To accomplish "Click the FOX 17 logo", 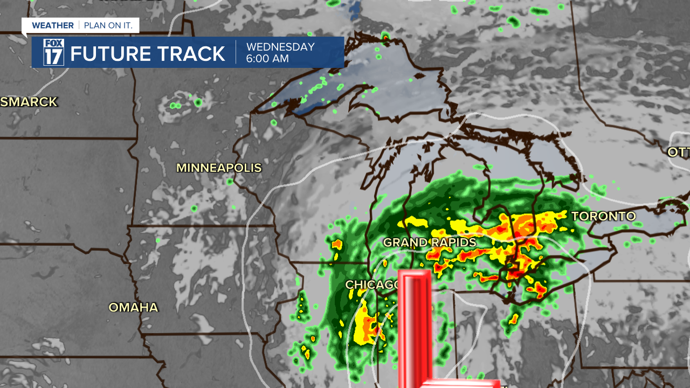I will (54, 52).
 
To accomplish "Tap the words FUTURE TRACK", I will (148, 54).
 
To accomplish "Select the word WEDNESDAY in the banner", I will (280, 47).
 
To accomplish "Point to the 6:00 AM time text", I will (267, 59).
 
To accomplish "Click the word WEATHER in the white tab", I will (52, 25).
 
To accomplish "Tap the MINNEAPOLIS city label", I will (219, 168).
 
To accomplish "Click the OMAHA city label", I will (133, 308).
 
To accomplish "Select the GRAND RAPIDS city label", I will (430, 243).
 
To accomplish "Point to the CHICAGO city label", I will (372, 285).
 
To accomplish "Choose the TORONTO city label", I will (603, 217).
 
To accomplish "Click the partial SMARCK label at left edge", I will (29, 102).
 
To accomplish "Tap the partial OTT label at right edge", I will (678, 153).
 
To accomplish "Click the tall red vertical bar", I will (415, 329).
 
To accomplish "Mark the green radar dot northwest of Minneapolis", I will (198, 102).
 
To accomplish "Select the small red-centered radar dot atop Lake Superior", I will (385, 37).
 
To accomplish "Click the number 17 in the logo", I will (54, 57).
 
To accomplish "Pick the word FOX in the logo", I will (54, 44).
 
